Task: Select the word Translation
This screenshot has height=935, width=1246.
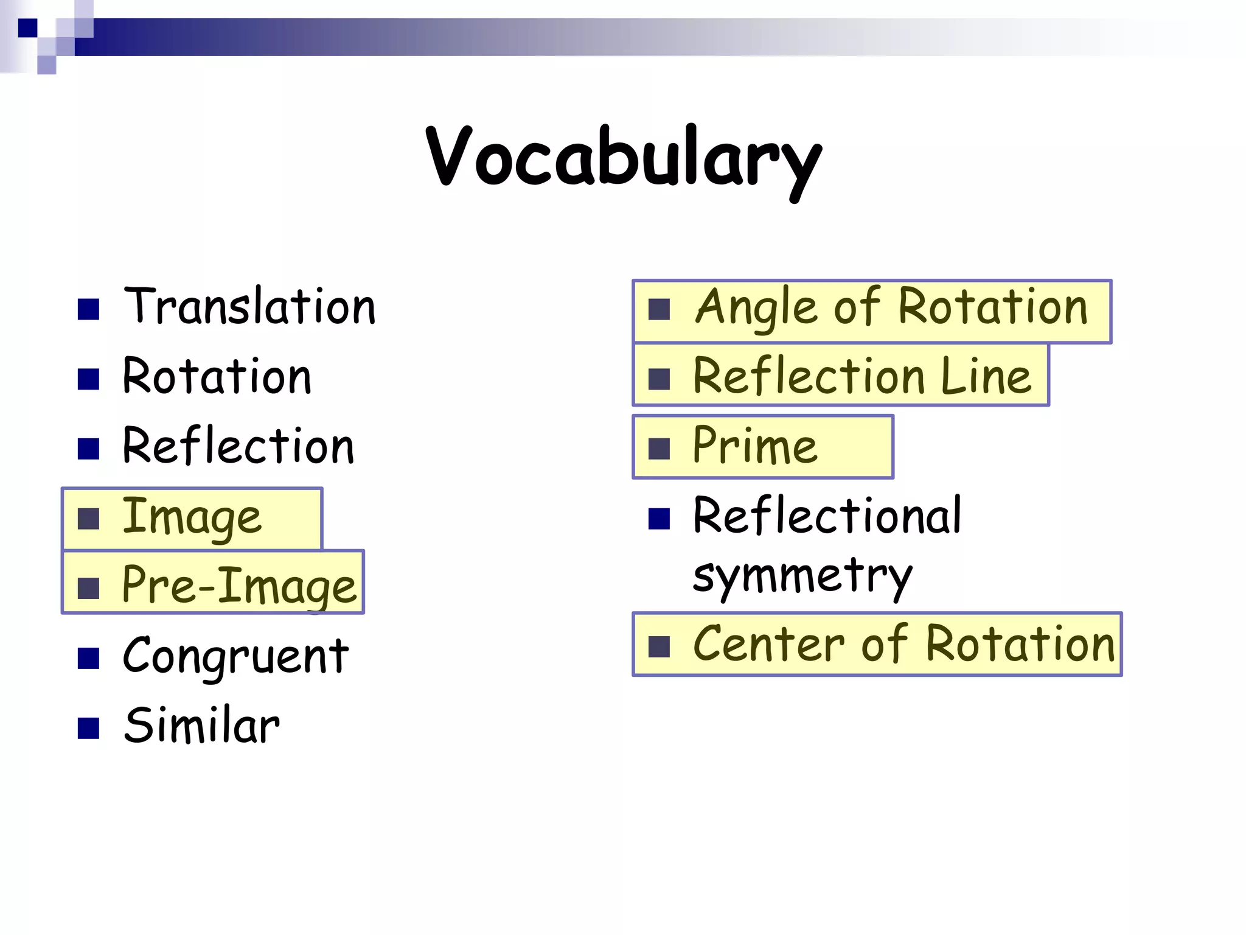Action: [249, 306]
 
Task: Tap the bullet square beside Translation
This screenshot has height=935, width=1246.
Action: [89, 309]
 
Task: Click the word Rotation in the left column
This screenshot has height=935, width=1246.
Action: [217, 376]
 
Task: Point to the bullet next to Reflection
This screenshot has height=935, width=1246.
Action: [89, 449]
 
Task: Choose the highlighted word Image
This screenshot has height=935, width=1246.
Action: [192, 518]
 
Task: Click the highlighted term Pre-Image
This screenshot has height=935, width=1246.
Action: [238, 585]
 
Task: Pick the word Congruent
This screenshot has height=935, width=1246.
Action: [235, 656]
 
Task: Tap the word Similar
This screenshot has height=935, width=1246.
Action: [201, 726]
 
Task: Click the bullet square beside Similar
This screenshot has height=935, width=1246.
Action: [89, 728]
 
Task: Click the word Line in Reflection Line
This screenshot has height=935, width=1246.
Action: [986, 376]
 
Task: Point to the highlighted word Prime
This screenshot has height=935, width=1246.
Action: [755, 446]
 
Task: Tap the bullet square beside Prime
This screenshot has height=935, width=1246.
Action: [659, 449]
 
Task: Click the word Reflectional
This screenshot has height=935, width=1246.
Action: [827, 516]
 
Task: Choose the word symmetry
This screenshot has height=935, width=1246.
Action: [802, 576]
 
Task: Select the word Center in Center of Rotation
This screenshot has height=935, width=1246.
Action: [769, 644]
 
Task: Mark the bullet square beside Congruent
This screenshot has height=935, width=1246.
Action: [89, 658]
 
